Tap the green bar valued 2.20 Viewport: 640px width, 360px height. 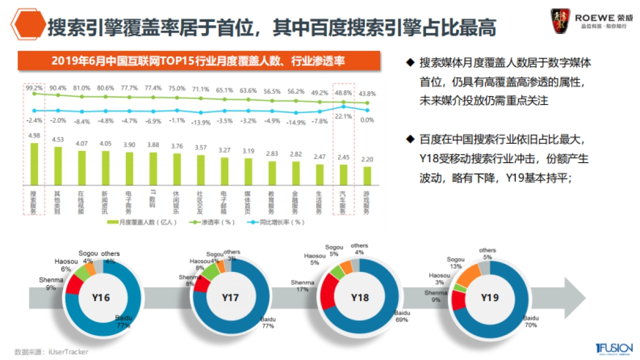367,175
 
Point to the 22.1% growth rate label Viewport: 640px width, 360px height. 343,116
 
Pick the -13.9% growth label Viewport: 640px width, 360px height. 201,122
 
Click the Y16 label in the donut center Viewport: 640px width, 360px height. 101,298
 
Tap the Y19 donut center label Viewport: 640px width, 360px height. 490,297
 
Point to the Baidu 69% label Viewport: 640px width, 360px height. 401,316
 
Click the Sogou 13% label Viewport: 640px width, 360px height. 455,262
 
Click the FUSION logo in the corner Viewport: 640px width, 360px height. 614,348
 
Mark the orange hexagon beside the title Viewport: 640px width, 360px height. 28,25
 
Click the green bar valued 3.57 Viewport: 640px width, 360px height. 201,170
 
